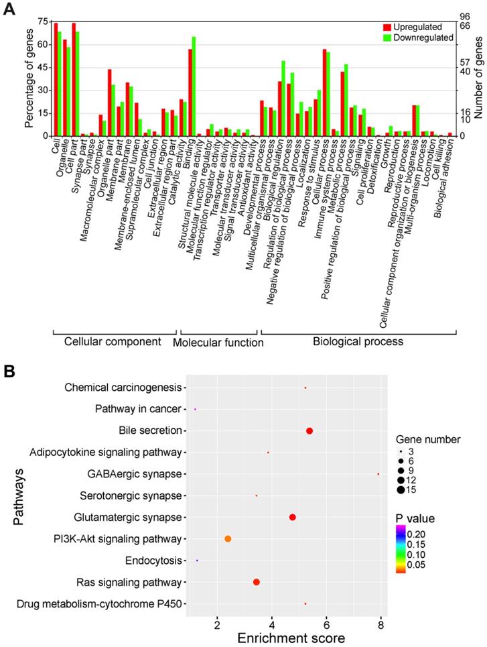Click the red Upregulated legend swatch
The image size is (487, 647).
pos(387,27)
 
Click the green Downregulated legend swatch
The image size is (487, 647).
pos(387,38)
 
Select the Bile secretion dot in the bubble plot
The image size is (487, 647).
pos(309,431)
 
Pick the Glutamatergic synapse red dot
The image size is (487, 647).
pos(293,517)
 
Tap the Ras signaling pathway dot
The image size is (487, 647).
pos(257,582)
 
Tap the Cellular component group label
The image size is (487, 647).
pos(113,341)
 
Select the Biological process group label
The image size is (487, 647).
pos(358,341)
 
